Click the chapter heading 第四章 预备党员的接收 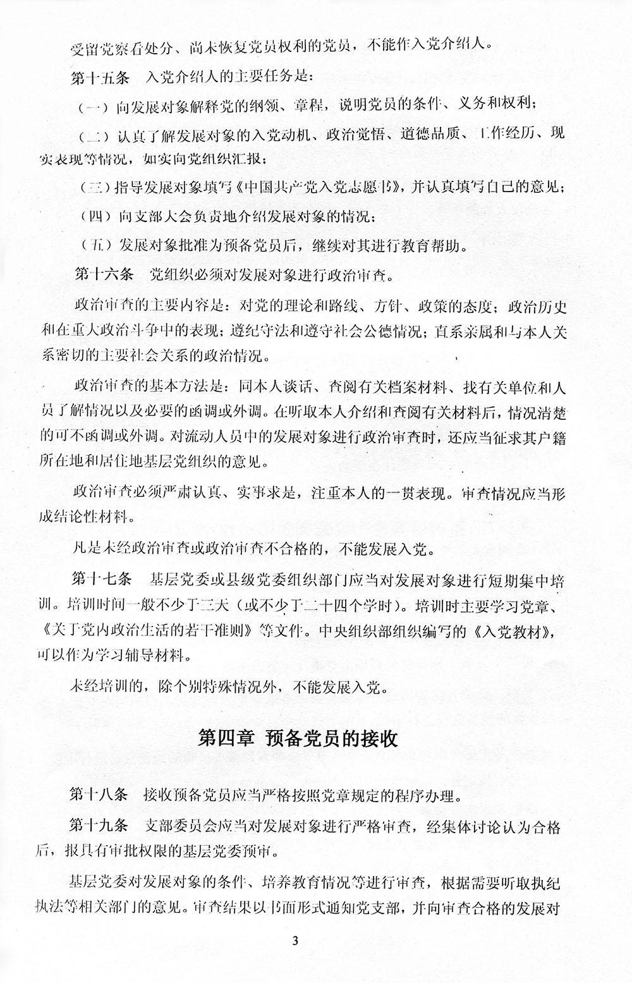point(298,739)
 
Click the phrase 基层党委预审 point(238,850)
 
